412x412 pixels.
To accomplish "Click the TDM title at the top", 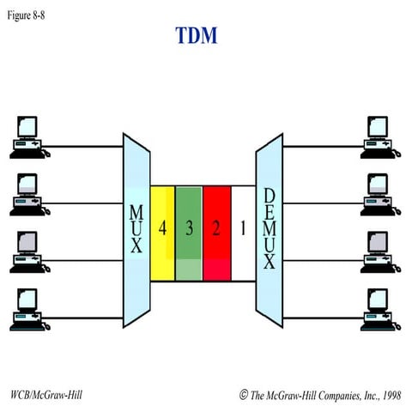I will (x=197, y=36).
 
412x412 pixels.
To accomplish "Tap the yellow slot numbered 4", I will (x=162, y=229).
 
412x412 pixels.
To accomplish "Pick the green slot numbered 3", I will (x=189, y=229).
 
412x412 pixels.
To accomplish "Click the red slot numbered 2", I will (x=216, y=229).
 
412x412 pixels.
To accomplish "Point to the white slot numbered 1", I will (x=243, y=229).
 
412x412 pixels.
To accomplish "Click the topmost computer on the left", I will (x=26, y=135).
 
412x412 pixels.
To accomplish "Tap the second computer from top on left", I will (x=26, y=192).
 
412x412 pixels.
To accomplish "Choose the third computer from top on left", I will (x=26, y=250).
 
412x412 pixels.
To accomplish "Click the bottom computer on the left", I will (x=26, y=307).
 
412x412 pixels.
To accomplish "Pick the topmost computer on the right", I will (x=379, y=135).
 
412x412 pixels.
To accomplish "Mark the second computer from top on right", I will (x=379, y=192).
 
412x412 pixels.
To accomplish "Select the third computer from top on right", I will (x=379, y=250).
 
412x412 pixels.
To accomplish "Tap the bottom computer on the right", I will (x=379, y=307).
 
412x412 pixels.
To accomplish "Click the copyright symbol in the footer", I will (x=244, y=395).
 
